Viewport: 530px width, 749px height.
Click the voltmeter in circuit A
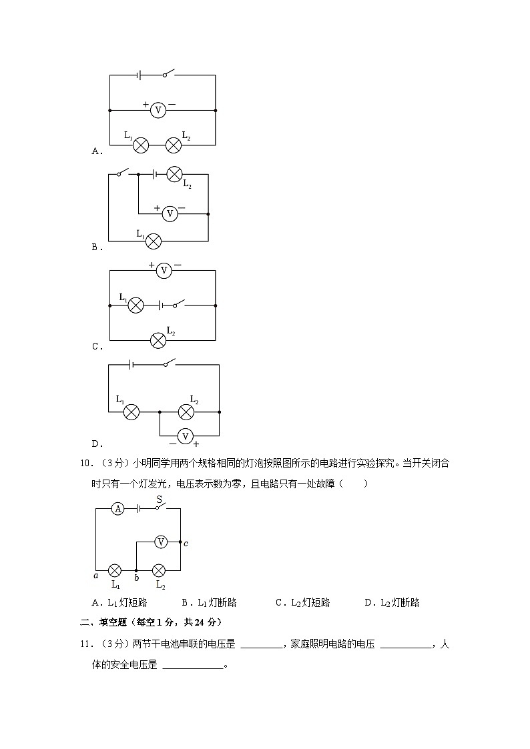click(158, 110)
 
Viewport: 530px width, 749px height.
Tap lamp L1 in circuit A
click(141, 145)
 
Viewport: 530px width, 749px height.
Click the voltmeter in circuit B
click(170, 213)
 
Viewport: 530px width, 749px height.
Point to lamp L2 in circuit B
click(174, 174)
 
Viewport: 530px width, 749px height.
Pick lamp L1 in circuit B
click(154, 240)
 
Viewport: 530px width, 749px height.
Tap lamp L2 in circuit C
click(158, 340)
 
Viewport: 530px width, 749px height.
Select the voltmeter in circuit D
click(186, 436)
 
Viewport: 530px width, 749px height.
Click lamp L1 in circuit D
click(132, 412)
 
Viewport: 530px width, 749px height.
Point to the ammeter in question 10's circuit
click(117, 509)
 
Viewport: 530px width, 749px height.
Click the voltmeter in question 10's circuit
click(160, 542)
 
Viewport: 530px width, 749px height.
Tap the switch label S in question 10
click(160, 498)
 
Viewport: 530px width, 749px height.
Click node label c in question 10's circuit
click(186, 543)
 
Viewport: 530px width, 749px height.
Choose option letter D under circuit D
click(95, 444)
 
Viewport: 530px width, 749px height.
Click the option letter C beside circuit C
click(95, 347)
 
